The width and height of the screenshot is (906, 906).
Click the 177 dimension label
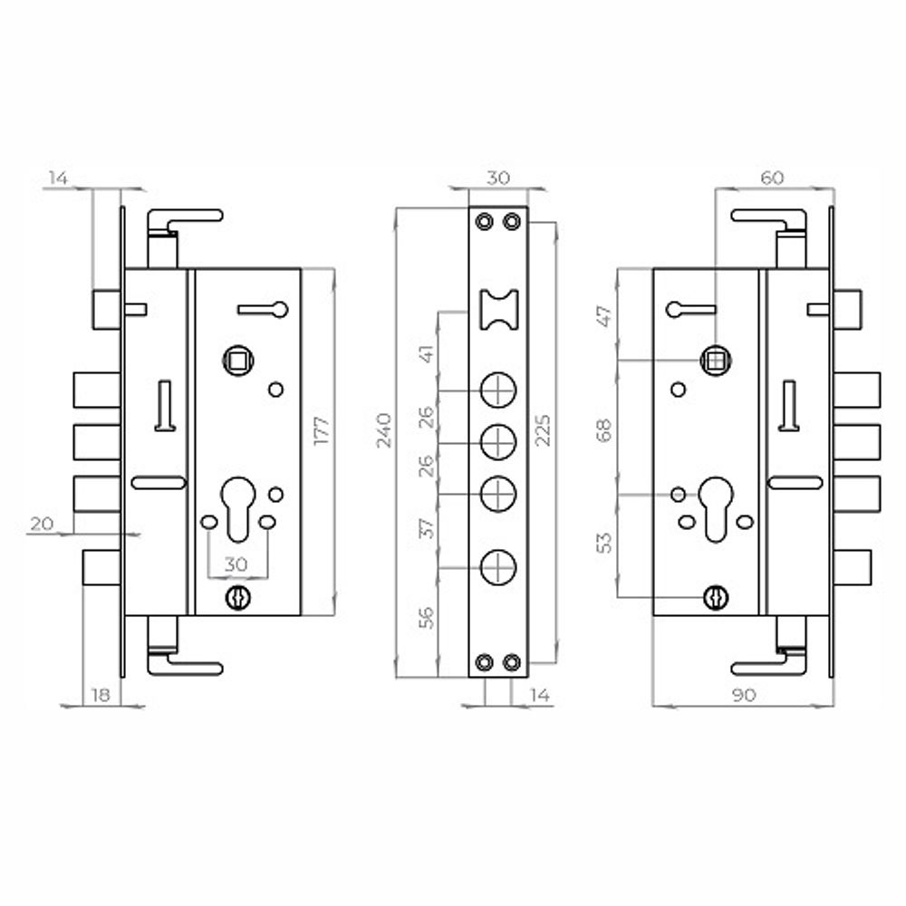(x=322, y=429)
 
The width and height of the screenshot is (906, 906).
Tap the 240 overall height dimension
(x=384, y=429)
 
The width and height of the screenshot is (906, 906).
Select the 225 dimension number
(x=543, y=429)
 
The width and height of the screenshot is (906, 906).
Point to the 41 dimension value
(x=427, y=353)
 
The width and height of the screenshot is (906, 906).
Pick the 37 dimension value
(x=427, y=528)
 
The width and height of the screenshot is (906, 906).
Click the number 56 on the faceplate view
(x=427, y=618)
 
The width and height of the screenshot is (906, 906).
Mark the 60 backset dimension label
(x=772, y=178)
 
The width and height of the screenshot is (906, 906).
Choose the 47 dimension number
(x=603, y=316)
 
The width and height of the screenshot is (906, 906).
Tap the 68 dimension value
(x=603, y=430)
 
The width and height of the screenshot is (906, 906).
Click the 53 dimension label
(x=603, y=543)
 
